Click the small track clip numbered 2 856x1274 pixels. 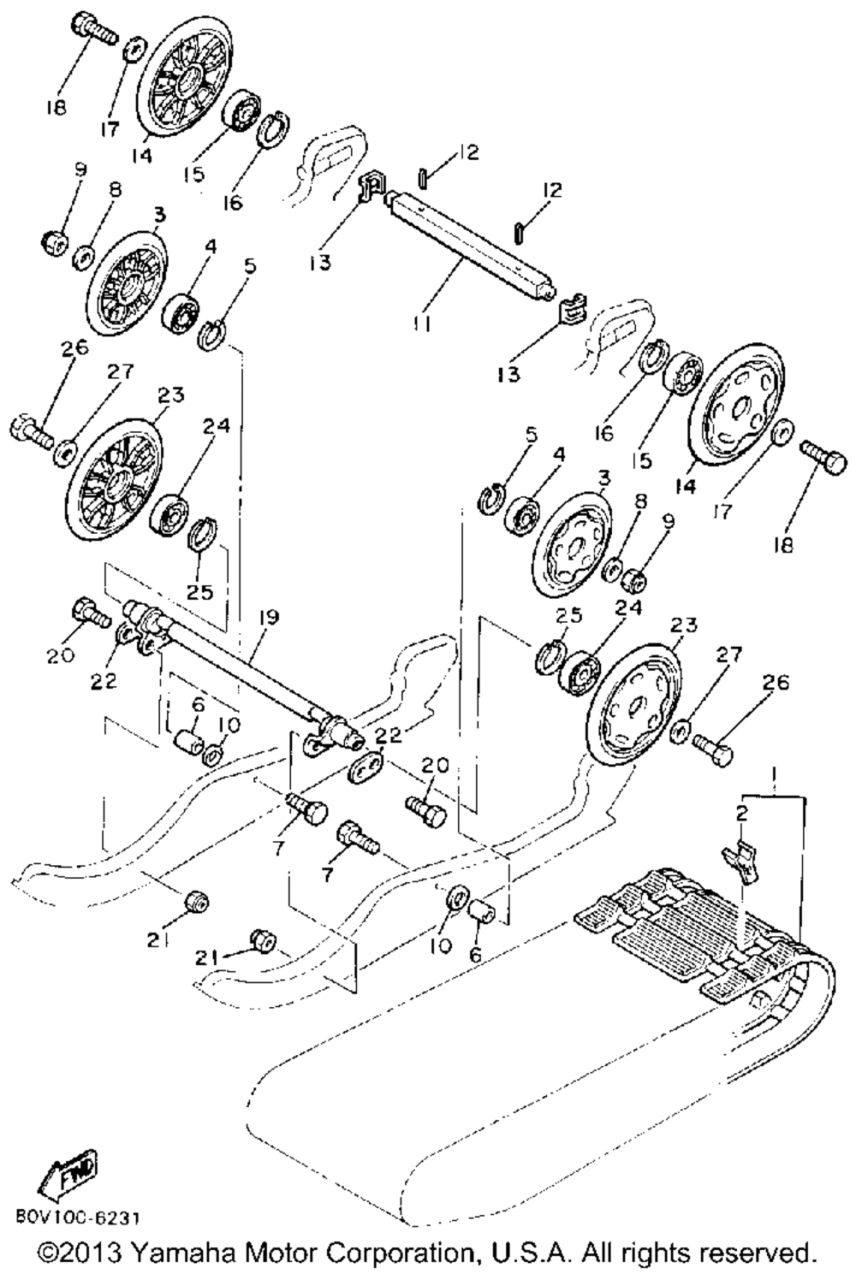[742, 856]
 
